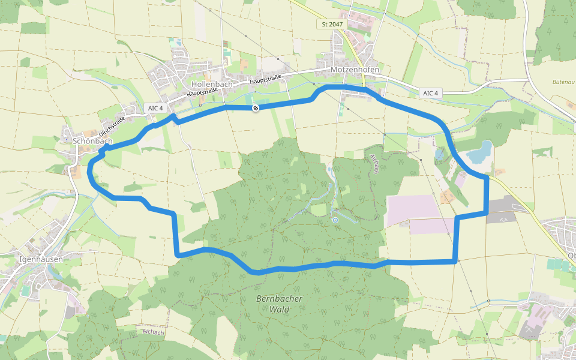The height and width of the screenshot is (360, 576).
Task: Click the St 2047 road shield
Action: (332, 25)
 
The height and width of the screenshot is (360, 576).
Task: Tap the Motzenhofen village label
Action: (355, 70)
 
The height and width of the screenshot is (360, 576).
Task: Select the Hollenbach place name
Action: (212, 84)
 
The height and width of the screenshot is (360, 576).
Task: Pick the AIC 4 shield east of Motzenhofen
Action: (431, 93)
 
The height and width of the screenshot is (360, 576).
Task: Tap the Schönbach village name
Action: (92, 141)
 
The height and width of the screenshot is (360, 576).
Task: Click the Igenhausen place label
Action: (41, 259)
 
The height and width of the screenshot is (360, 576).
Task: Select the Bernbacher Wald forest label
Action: (279, 304)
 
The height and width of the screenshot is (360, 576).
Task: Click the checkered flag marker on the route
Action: (256, 108)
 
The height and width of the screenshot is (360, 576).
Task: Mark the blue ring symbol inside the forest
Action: (335, 220)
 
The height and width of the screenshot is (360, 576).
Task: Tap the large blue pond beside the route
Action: (479, 152)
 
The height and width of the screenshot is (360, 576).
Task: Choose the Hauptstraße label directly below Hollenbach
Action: (201, 92)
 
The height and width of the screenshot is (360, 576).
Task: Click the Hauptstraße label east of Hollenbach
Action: (265, 78)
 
